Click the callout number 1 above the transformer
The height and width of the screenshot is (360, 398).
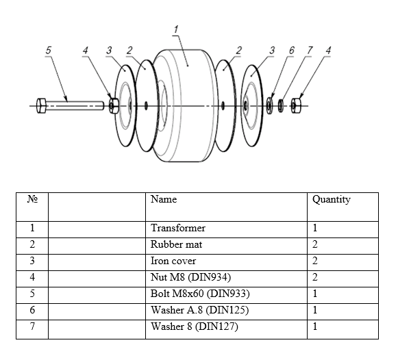[x=176, y=29]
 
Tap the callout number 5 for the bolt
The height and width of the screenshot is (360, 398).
[x=48, y=50]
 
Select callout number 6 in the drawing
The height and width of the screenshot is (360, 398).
[x=291, y=50]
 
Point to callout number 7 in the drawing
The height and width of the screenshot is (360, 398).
[x=310, y=50]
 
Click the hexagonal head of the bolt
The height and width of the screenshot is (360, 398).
[x=41, y=105]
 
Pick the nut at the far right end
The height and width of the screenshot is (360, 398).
[x=295, y=105]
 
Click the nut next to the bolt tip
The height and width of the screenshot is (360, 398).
[x=114, y=105]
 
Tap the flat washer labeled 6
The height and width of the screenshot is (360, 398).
[x=269, y=105]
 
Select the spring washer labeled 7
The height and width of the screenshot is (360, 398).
[x=280, y=105]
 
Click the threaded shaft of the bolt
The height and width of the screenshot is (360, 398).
[x=75, y=105]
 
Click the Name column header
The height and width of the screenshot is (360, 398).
[x=164, y=199]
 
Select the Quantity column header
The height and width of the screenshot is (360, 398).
[x=332, y=200]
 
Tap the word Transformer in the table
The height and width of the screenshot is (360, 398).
[x=178, y=228]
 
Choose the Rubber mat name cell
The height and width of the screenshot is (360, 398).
[x=177, y=244]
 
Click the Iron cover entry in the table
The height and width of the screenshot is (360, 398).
[x=173, y=261]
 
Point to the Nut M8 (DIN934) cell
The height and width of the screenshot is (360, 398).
[x=190, y=277]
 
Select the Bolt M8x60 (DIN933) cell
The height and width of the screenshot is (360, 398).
[x=200, y=294]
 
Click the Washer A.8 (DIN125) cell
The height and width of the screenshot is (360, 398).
[x=199, y=310]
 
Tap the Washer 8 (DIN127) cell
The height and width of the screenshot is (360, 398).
[x=194, y=326]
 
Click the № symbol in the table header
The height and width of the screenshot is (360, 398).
[x=32, y=199]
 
